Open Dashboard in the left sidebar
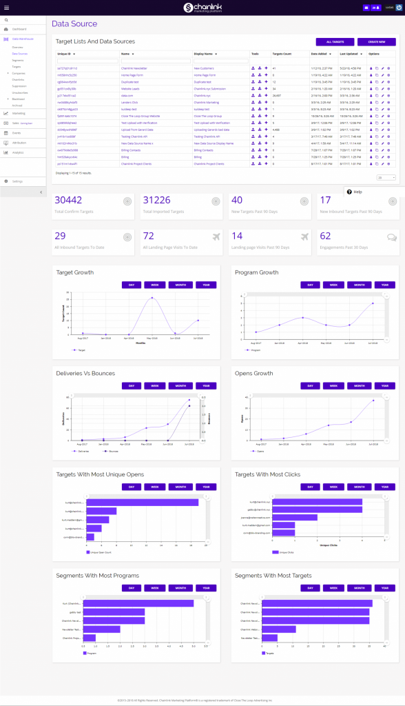(19, 30)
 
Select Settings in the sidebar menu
(17, 181)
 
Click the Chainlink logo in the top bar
(202, 8)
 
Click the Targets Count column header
(282, 53)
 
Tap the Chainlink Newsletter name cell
(136, 69)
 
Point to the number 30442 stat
(68, 200)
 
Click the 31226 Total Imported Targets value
(156, 200)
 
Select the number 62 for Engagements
(326, 236)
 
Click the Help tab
(355, 192)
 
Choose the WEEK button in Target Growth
(155, 285)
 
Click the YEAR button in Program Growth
(384, 285)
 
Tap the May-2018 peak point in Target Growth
(152, 298)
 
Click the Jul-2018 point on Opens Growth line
(373, 400)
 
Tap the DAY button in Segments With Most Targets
(311, 588)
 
